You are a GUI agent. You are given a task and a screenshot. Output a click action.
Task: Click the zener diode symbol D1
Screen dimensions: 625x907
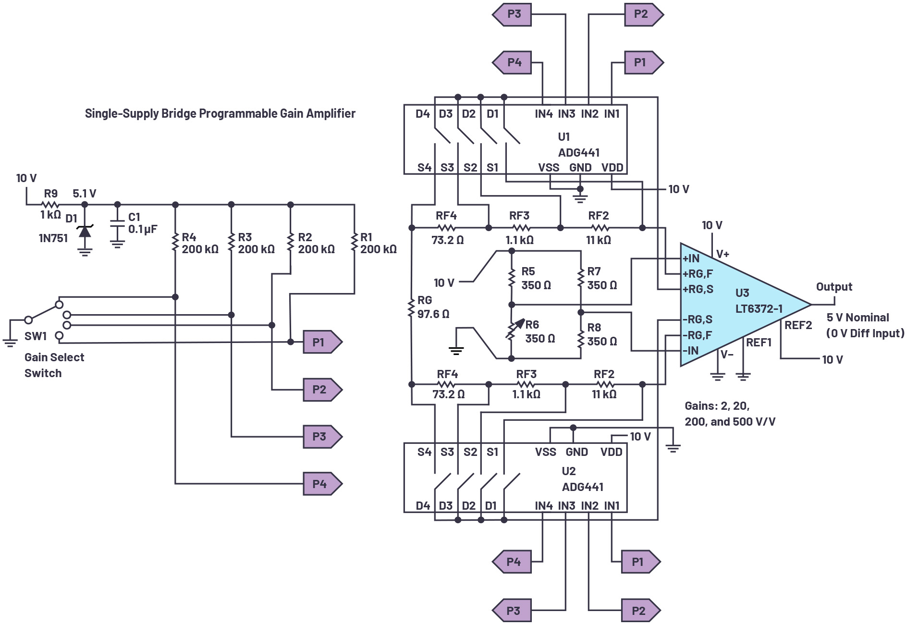(x=85, y=231)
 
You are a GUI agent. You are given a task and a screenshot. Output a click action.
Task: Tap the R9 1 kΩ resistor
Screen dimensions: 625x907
(x=50, y=205)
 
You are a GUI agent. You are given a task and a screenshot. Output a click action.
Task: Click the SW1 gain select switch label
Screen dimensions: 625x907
(x=36, y=336)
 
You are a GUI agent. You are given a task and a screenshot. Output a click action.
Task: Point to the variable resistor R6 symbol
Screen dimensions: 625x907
(x=512, y=331)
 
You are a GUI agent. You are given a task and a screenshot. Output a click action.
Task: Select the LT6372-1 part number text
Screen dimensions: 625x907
(x=759, y=309)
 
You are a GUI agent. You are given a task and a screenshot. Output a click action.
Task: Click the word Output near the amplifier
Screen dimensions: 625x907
(x=833, y=287)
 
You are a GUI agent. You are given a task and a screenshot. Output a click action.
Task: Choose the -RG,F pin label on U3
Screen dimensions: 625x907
(x=697, y=335)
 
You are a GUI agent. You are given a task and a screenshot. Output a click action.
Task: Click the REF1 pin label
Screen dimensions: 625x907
(x=759, y=343)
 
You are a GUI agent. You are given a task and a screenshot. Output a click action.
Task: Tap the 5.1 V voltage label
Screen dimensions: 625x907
(x=85, y=194)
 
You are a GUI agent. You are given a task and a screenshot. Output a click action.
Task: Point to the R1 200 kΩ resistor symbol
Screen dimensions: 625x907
(x=355, y=243)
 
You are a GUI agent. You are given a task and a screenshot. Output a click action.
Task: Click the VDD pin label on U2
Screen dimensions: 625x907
(x=611, y=452)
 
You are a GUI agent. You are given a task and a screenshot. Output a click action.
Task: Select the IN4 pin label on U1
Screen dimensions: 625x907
(x=543, y=114)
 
